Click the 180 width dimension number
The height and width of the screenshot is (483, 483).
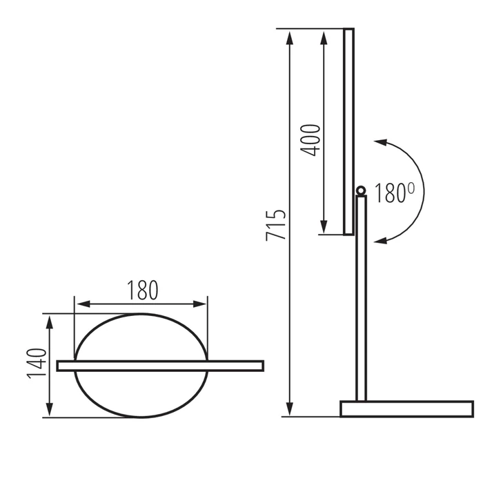coord(141,290)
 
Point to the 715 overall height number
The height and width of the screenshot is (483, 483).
coord(275,224)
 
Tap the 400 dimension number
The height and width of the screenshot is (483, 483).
coord(311,139)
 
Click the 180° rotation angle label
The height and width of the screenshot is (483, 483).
coord(395,193)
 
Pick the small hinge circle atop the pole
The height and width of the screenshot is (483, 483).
coord(360,190)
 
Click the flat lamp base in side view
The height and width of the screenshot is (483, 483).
coord(406,408)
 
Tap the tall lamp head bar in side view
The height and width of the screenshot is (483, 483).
coord(348,131)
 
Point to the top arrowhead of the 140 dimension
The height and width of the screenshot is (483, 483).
coord(49,319)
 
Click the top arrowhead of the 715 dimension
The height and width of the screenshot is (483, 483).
coord(290,34)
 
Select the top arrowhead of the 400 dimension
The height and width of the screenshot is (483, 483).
coord(323,34)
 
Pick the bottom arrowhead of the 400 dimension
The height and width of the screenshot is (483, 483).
coord(323,230)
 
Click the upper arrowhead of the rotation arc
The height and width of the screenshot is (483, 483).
coord(380,142)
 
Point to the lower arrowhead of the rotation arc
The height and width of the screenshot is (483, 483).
coord(382,239)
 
